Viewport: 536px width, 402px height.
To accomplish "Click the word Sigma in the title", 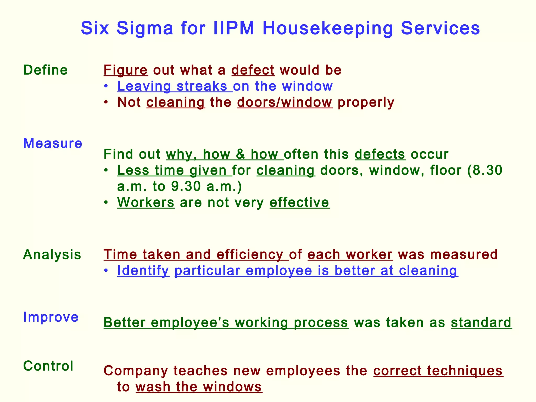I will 145,28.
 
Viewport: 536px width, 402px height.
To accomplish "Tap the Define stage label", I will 46,70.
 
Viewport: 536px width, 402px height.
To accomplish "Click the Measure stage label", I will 53,143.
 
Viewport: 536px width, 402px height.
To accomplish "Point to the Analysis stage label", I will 52,255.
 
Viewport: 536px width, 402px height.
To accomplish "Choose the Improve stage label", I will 51,317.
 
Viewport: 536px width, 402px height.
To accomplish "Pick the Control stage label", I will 48,366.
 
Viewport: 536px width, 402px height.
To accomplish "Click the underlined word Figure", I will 126,70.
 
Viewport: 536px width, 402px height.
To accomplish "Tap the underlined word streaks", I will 202,86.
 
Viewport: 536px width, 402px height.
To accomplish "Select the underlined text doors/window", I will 285,102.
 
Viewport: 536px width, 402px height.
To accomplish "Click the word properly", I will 366,102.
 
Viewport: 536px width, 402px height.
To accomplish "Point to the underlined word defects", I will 380,154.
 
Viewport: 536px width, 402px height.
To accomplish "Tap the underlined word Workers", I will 146,202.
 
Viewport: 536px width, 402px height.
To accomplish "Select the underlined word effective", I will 299,202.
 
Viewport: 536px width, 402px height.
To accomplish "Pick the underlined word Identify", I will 143,271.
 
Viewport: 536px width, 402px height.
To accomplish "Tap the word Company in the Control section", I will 136,371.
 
